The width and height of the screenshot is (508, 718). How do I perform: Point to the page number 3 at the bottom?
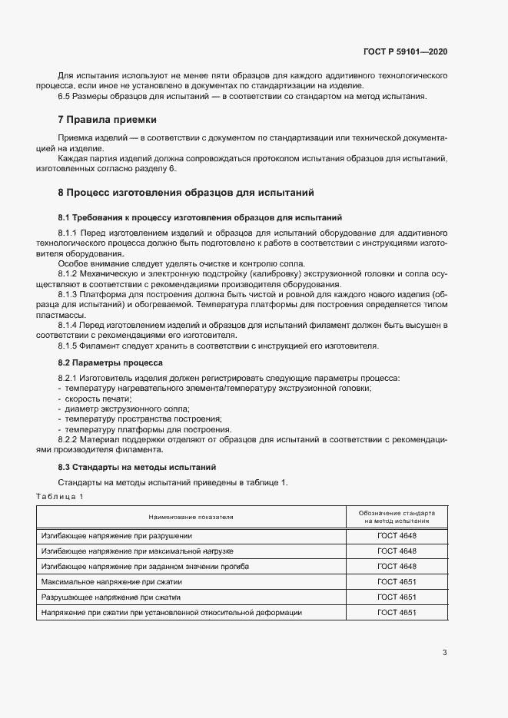[x=444, y=653]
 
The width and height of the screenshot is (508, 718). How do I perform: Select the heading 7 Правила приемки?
[x=107, y=120]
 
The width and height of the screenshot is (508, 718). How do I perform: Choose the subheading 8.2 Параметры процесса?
[x=111, y=361]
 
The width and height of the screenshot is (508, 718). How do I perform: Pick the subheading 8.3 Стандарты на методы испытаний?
[x=138, y=467]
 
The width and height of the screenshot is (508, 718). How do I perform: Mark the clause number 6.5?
[x=65, y=96]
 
